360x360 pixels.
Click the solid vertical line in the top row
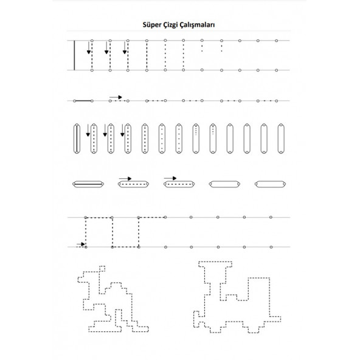[x=74, y=55]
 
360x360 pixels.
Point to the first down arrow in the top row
[x=89, y=48]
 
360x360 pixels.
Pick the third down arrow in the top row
[x=125, y=48]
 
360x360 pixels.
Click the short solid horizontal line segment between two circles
[x=83, y=101]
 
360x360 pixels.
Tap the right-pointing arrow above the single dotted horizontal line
[x=116, y=97]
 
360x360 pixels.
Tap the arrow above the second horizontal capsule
[x=125, y=179]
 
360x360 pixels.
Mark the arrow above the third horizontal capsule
[x=170, y=178]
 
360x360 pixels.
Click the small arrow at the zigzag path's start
[x=81, y=244]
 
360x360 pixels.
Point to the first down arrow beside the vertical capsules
[x=88, y=130]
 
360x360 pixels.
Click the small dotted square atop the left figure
[x=102, y=269]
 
